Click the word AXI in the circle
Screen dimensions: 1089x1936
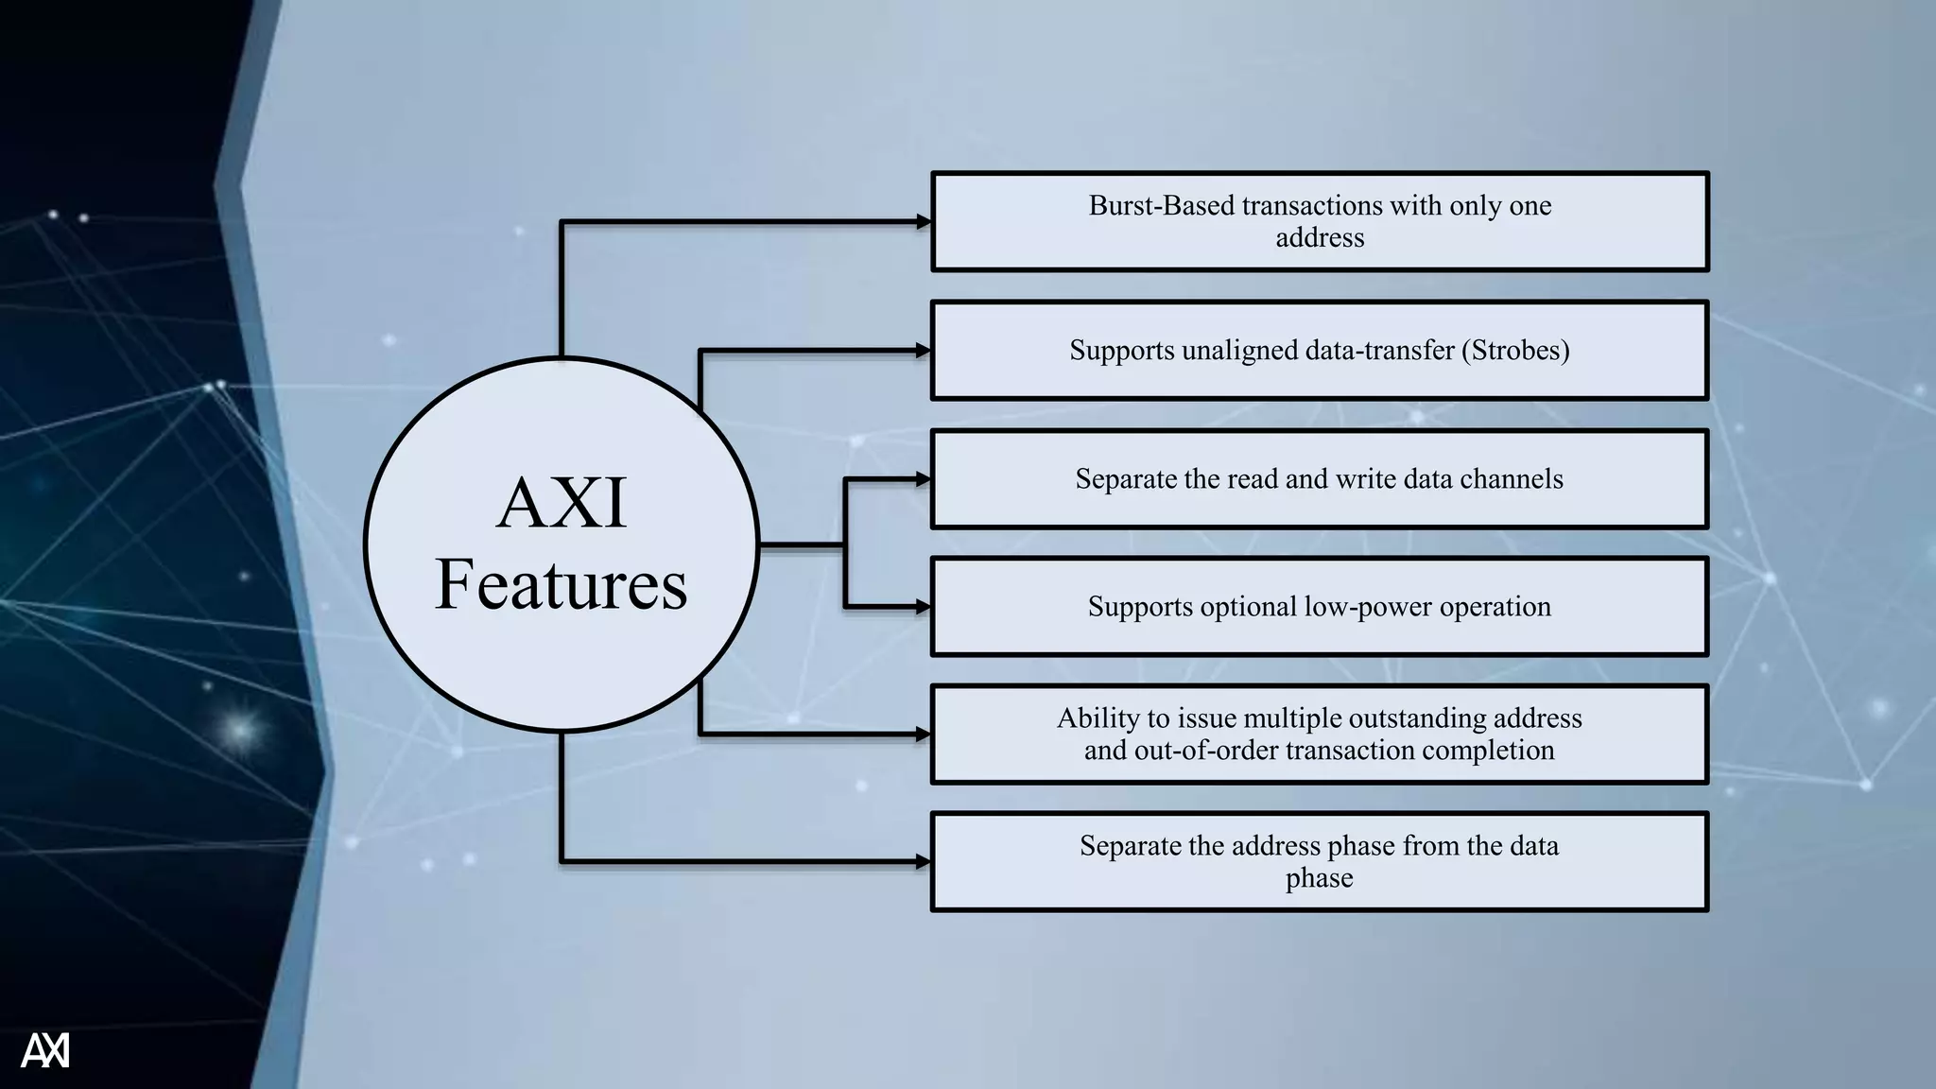(562, 504)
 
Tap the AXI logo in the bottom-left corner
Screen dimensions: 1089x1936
(44, 1050)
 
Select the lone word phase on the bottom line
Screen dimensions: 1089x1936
(1319, 878)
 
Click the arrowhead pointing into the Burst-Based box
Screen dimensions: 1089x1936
(924, 222)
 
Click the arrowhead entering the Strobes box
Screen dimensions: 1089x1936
(924, 351)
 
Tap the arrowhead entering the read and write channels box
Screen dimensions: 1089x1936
(924, 479)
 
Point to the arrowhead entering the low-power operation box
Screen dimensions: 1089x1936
(924, 607)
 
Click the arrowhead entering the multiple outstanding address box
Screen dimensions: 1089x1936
(924, 734)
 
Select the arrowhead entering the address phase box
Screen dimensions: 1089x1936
(924, 861)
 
